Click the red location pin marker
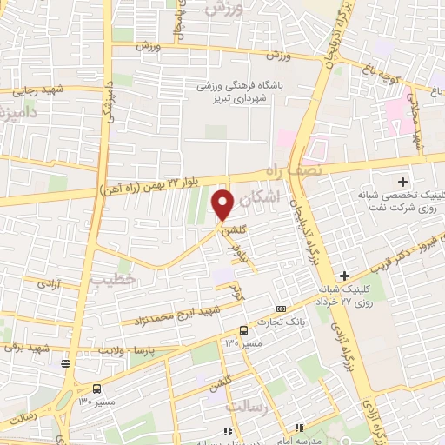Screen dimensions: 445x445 tap(223, 204)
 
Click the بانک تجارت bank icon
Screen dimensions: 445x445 tap(280, 309)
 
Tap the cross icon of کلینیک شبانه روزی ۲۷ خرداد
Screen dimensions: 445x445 tap(344, 276)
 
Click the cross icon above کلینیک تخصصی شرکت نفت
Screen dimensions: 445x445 tap(402, 182)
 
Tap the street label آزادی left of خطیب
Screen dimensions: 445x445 tap(40, 283)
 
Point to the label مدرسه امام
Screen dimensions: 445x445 tap(319, 438)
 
